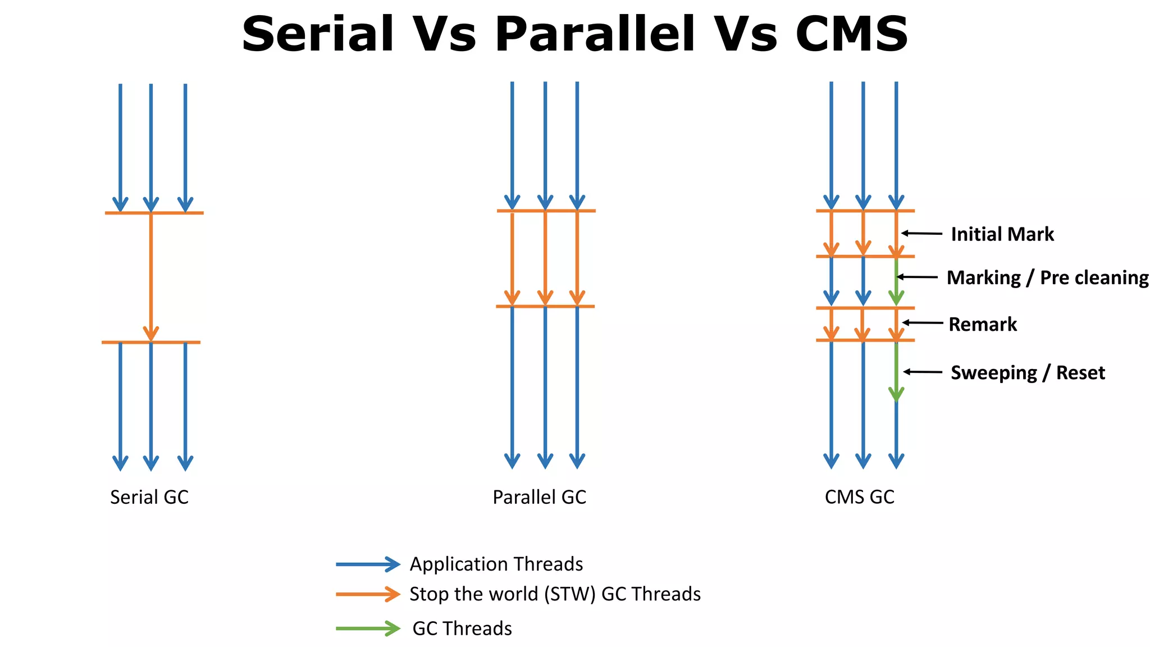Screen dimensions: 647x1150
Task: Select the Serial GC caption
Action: [149, 497]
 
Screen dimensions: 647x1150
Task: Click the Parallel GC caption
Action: [539, 497]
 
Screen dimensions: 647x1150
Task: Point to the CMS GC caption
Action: [859, 497]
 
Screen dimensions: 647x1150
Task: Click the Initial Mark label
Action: [1002, 234]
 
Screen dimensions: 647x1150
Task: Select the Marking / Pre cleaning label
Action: [1047, 277]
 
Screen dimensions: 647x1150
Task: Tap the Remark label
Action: [983, 324]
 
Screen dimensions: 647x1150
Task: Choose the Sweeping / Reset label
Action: [1028, 373]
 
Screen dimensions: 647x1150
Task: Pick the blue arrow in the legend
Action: [368, 564]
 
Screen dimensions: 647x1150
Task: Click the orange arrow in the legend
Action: [368, 594]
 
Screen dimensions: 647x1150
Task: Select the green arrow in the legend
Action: [368, 628]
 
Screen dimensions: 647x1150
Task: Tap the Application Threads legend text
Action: [496, 564]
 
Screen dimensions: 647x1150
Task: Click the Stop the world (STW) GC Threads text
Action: [555, 594]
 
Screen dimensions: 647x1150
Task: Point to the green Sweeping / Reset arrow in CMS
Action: [896, 371]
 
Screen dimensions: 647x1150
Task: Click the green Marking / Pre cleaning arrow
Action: [896, 281]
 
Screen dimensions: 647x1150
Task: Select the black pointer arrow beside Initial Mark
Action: [921, 233]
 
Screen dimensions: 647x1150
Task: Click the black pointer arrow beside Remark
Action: [922, 322]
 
